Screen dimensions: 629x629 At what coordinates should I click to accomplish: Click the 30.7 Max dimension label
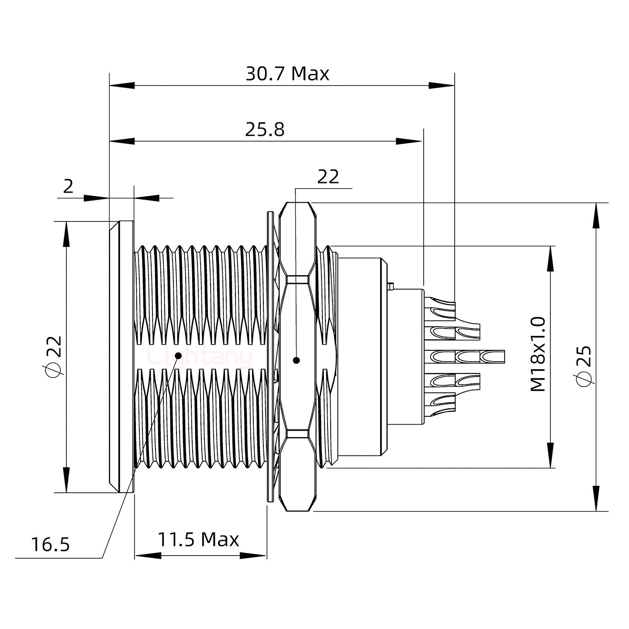tap(287, 74)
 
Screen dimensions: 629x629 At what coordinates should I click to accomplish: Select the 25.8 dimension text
tap(265, 130)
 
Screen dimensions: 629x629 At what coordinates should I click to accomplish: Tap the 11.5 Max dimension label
tap(198, 540)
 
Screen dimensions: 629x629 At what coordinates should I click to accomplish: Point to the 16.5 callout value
tap(50, 545)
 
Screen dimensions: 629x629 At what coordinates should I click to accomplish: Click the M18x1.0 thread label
tap(538, 354)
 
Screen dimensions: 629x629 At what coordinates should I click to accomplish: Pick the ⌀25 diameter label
tap(584, 366)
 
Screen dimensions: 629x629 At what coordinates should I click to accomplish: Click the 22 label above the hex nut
tap(328, 177)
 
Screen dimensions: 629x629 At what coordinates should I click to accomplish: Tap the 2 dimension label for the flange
tap(68, 187)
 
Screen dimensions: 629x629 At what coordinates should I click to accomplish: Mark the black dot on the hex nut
tap(297, 360)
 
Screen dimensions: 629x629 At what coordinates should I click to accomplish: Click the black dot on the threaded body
tap(178, 356)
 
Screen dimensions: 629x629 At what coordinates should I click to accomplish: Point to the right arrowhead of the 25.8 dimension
tap(409, 141)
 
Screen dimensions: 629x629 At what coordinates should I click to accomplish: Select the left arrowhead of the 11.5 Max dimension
tap(147, 556)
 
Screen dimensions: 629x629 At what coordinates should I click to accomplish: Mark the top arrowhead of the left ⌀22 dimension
tap(66, 233)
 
